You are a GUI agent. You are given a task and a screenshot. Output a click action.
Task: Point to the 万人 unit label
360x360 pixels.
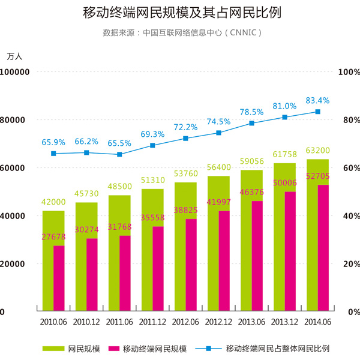pyautogui.click(x=14, y=56)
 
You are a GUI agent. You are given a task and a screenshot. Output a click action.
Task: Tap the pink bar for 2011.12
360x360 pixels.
pyautogui.click(x=158, y=270)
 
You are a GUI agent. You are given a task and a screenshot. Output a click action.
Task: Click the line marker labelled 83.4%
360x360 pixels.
pyautogui.click(x=317, y=112)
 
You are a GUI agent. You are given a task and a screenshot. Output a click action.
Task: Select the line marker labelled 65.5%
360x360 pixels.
pyautogui.click(x=119, y=154)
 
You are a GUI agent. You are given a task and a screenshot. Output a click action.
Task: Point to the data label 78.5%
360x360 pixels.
pyautogui.click(x=251, y=112)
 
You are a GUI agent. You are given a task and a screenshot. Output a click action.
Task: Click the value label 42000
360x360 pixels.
pyautogui.click(x=53, y=203)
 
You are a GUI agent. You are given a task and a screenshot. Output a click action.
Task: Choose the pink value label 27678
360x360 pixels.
pyautogui.click(x=53, y=238)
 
